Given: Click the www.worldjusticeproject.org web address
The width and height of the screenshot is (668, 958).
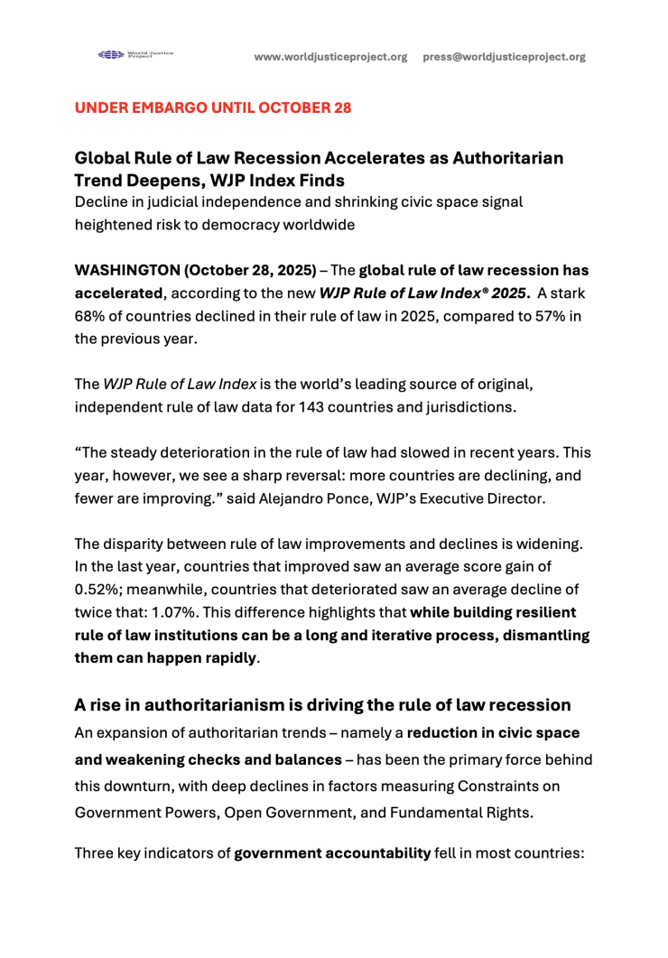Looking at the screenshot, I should (x=330, y=57).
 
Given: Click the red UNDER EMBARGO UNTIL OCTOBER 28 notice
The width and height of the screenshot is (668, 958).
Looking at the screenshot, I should (x=212, y=108).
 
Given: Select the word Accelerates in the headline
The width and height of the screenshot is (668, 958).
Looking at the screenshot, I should (x=365, y=158).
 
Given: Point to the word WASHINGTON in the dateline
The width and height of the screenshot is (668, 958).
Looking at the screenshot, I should (x=129, y=270).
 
